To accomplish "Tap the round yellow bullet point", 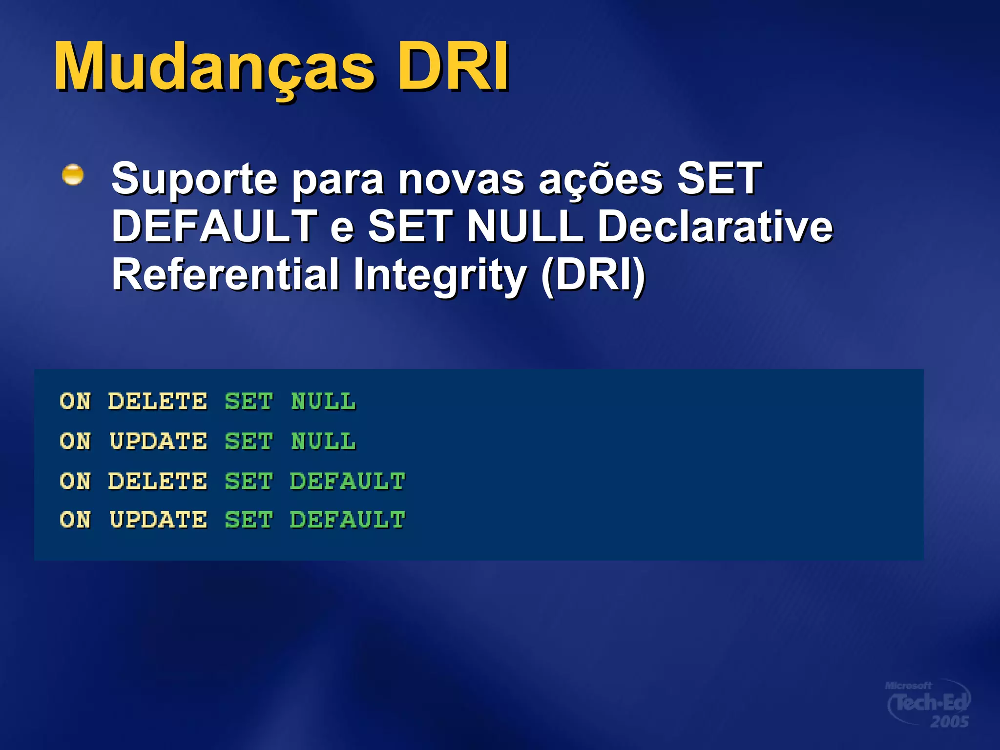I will tap(73, 175).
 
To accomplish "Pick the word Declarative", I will tap(715, 226).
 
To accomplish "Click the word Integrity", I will tap(439, 275).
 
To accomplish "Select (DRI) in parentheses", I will tap(593, 275).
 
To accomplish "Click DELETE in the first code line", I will tap(158, 401).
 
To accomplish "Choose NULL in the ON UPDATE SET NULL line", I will tap(323, 441).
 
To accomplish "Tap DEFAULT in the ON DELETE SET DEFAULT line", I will tap(347, 481).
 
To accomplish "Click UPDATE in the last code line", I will tap(158, 520).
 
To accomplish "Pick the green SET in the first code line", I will tap(249, 401).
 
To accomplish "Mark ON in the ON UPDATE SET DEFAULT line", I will tap(75, 520).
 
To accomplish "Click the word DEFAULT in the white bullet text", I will tap(215, 226).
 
